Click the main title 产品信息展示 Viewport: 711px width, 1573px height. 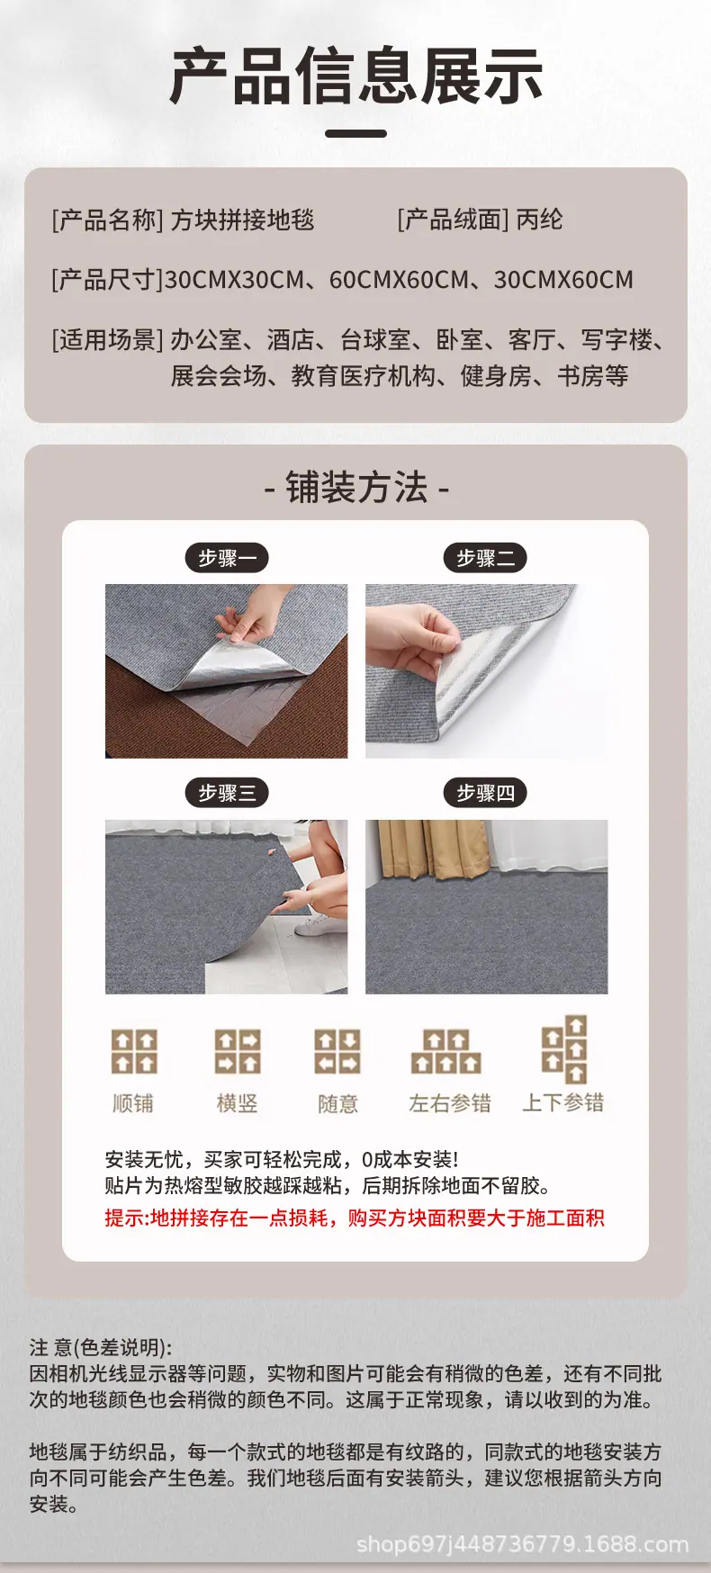pyautogui.click(x=356, y=76)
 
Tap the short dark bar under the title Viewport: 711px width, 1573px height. pyautogui.click(x=355, y=133)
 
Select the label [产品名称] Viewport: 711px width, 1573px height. pyautogui.click(x=108, y=220)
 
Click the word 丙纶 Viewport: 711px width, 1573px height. pyautogui.click(x=539, y=220)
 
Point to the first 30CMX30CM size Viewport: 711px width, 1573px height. pyautogui.click(x=234, y=280)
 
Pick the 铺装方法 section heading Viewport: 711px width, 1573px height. pyautogui.click(x=356, y=487)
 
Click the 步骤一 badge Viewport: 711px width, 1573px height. pyautogui.click(x=228, y=558)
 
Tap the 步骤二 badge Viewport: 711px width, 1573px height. pyautogui.click(x=485, y=558)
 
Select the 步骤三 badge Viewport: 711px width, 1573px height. pyautogui.click(x=228, y=793)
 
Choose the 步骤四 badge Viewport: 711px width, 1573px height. pyautogui.click(x=485, y=793)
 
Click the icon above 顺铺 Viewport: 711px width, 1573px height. pyautogui.click(x=134, y=1052)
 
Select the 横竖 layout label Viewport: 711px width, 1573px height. pyautogui.click(x=238, y=1103)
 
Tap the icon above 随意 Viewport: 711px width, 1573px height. pyautogui.click(x=337, y=1052)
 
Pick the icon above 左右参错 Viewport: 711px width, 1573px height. pyautogui.click(x=446, y=1052)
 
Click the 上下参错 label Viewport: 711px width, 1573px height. pyautogui.click(x=563, y=1103)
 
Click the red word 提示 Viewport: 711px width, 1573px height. pyautogui.click(x=124, y=1218)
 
